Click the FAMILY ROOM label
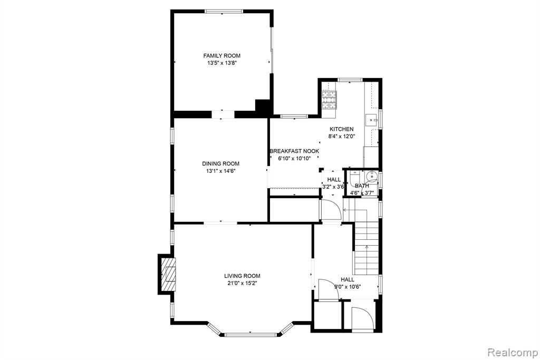[x=222, y=56]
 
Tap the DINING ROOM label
[x=220, y=164]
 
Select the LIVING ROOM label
[x=242, y=276]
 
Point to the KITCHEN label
[x=341, y=129]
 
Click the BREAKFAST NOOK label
[x=294, y=151]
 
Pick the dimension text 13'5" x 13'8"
[x=222, y=63]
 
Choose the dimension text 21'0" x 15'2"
[x=242, y=283]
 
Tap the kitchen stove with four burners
[x=329, y=100]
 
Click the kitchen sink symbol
[x=371, y=121]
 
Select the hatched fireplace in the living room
[x=169, y=274]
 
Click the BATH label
[x=362, y=186]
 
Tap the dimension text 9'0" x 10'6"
[x=348, y=287]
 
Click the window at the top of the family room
[x=224, y=12]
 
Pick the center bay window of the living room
[x=250, y=334]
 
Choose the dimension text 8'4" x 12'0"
[x=341, y=137]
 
